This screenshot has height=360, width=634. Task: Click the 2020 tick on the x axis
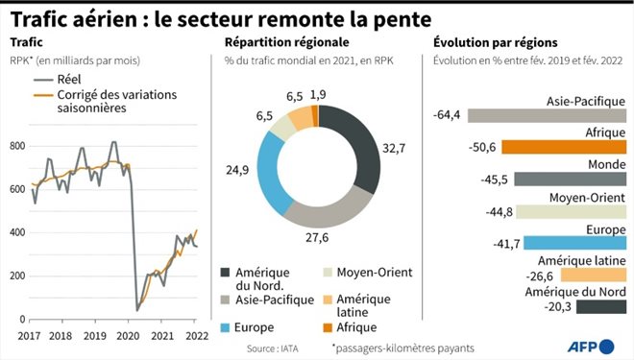(128, 336)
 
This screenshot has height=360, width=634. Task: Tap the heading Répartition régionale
(286, 43)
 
